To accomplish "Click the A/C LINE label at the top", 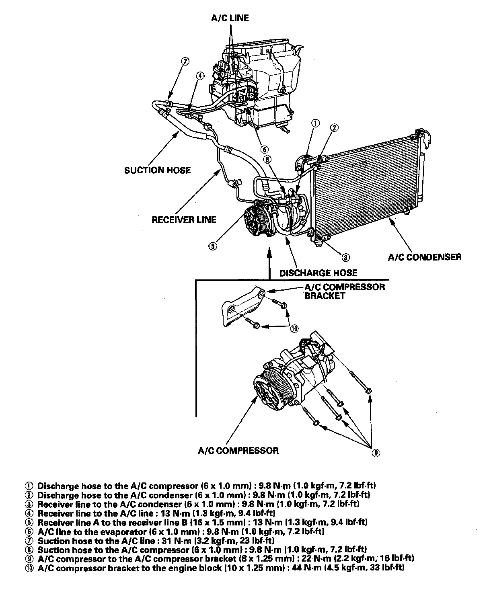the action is (x=230, y=18).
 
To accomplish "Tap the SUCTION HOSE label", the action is (x=157, y=170).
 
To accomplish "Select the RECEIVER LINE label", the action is (x=184, y=219).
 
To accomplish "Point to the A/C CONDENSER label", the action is (x=425, y=257).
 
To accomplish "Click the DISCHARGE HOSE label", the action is (x=318, y=273).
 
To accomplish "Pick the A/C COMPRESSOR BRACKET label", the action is (x=344, y=291).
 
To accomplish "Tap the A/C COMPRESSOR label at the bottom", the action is (x=238, y=450).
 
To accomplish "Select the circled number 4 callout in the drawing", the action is (x=200, y=75).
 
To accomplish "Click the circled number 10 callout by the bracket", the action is (x=294, y=328).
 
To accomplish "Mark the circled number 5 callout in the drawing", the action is (x=213, y=246).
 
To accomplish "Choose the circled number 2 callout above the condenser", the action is (x=334, y=127).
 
